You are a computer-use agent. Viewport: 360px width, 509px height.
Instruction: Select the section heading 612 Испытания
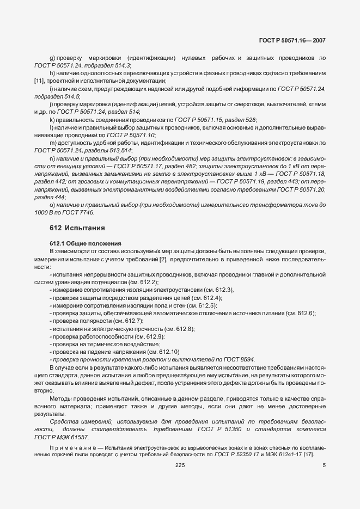[70, 227]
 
